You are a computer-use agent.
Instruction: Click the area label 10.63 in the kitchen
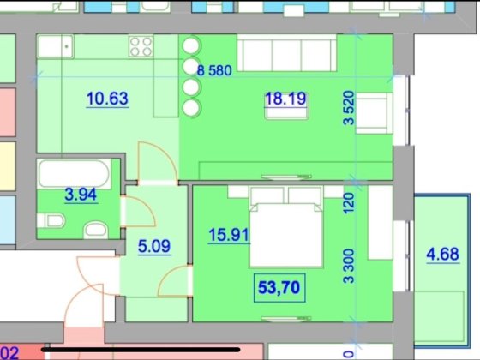(x=108, y=99)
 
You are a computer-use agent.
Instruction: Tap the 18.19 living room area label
(x=284, y=99)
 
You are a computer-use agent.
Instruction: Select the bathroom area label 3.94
(x=81, y=194)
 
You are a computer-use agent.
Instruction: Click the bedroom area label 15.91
(x=225, y=233)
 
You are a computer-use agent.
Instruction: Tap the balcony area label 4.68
(x=443, y=255)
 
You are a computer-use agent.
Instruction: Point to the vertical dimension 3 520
(x=349, y=109)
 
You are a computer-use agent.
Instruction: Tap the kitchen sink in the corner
(x=57, y=46)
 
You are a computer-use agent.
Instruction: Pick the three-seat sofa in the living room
(x=286, y=53)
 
